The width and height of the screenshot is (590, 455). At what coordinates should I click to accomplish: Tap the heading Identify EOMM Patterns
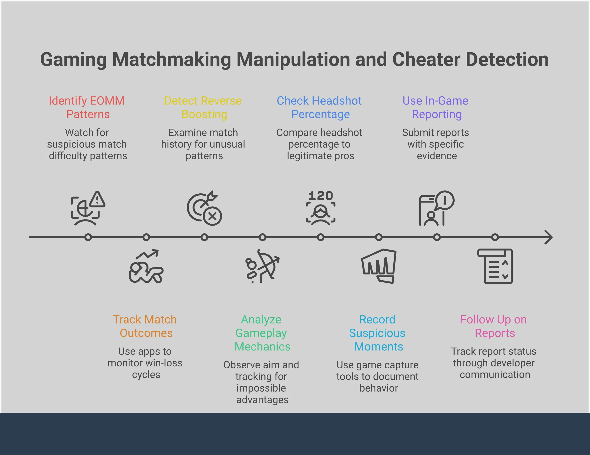click(87, 107)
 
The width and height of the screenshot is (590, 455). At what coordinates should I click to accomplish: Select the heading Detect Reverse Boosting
click(203, 107)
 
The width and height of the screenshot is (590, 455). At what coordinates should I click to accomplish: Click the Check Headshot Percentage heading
click(320, 107)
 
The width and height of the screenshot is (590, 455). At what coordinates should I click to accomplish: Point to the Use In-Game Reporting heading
click(436, 107)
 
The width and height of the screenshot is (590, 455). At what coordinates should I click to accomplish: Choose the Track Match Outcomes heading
click(145, 326)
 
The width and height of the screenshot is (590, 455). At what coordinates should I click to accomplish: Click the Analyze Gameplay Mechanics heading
click(262, 333)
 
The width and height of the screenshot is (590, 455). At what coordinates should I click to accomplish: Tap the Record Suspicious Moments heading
click(378, 333)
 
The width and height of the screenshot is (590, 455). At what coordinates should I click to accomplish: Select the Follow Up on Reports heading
click(494, 326)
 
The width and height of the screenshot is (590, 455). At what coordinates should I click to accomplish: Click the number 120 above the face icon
click(321, 196)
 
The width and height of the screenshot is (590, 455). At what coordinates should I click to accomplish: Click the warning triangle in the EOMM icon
click(97, 200)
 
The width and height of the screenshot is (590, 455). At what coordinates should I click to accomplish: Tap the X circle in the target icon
click(213, 216)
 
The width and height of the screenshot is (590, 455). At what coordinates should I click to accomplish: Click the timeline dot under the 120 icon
click(321, 237)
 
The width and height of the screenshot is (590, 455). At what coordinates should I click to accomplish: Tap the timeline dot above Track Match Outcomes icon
click(146, 237)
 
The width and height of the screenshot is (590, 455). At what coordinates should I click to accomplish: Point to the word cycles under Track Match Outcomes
click(146, 375)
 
